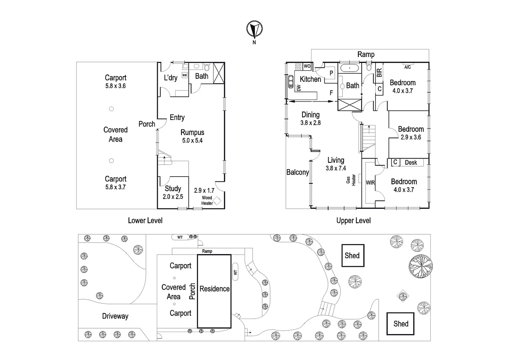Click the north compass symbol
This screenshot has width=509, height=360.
click(x=254, y=29)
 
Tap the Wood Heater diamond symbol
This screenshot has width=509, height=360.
click(x=217, y=201)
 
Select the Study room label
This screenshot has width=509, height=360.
click(x=173, y=189)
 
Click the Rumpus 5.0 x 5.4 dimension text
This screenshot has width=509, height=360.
click(x=192, y=141)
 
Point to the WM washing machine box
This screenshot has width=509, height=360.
click(x=185, y=75)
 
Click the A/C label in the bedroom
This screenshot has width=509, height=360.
click(x=407, y=67)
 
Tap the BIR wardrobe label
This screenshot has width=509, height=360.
click(x=379, y=73)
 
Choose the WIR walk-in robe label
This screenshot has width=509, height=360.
click(x=370, y=183)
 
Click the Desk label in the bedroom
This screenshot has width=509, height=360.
click(x=411, y=163)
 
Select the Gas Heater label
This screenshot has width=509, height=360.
click(x=351, y=180)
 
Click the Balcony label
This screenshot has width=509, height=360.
click(x=297, y=172)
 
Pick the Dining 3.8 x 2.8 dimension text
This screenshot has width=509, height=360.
click(x=310, y=123)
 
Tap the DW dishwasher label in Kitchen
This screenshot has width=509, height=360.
click(x=299, y=88)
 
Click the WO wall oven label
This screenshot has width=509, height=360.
click(x=307, y=66)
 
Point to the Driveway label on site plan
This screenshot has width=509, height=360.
click(x=115, y=316)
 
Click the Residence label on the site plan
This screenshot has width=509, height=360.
click(x=215, y=289)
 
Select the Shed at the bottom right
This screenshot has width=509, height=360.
click(x=400, y=324)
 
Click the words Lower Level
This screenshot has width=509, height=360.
click(x=145, y=220)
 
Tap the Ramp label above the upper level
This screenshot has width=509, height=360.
click(x=366, y=54)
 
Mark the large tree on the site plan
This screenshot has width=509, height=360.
click(x=420, y=266)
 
